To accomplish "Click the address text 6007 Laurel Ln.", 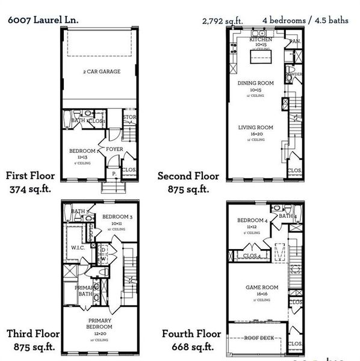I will [43, 20].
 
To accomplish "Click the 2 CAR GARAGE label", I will [102, 72].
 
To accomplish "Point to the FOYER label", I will [114, 149].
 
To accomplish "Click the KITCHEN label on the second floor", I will [261, 39].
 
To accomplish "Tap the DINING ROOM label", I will [256, 83].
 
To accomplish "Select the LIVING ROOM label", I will [256, 128].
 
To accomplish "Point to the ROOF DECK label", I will [259, 338].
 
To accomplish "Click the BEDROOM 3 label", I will [117, 217].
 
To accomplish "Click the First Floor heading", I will [30, 176].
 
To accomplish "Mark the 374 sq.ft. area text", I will [30, 189].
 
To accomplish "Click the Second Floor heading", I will [188, 176].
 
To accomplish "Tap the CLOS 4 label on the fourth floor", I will [252, 256].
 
